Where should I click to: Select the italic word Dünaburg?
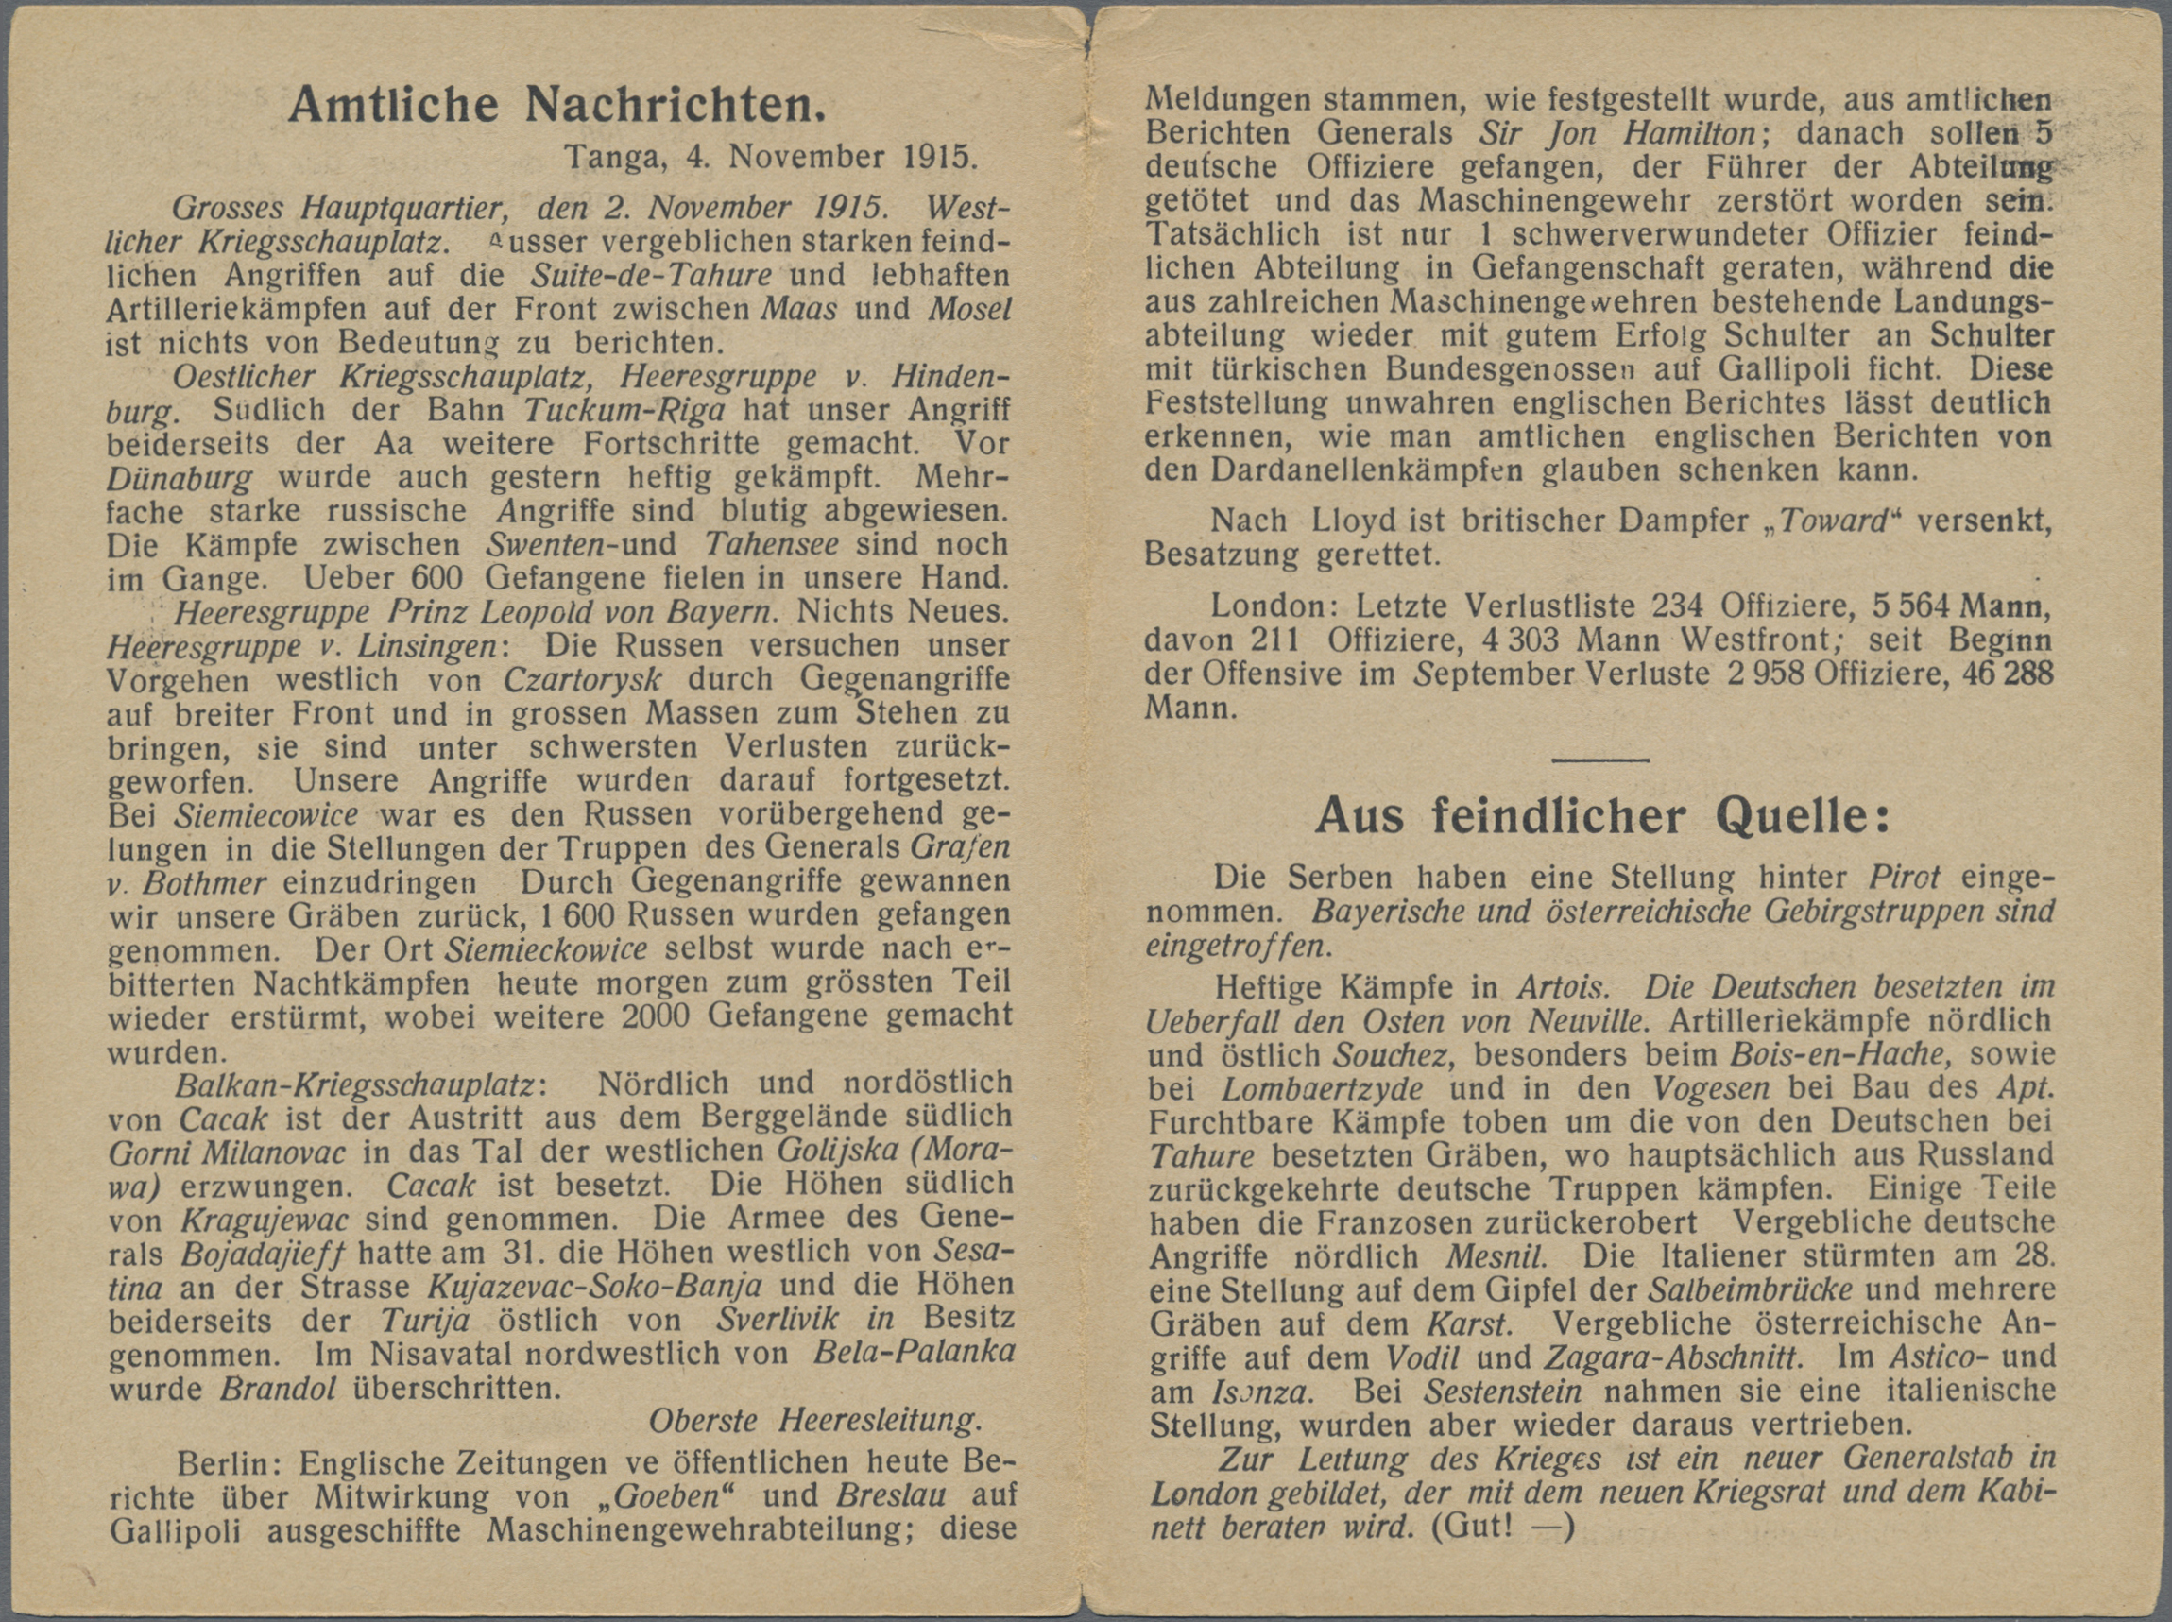tap(179, 478)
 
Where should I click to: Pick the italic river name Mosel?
tap(970, 308)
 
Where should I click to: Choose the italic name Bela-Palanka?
tap(915, 1353)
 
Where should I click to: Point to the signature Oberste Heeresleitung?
tap(815, 1420)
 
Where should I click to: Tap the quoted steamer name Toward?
tap(1834, 521)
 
